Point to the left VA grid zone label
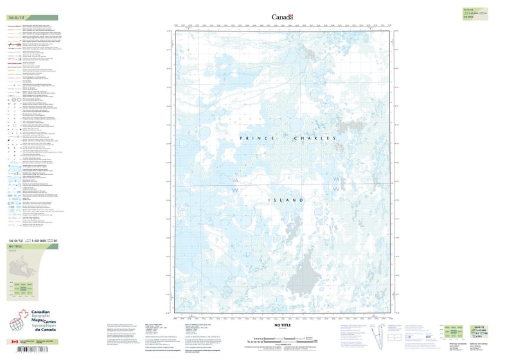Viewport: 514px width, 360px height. click(236, 181)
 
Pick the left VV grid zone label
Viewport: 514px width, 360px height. click(236, 190)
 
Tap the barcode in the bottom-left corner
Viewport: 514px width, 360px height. click(26, 350)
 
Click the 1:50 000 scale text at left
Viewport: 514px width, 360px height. click(39, 240)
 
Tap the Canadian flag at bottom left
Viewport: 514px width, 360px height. click(14, 342)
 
